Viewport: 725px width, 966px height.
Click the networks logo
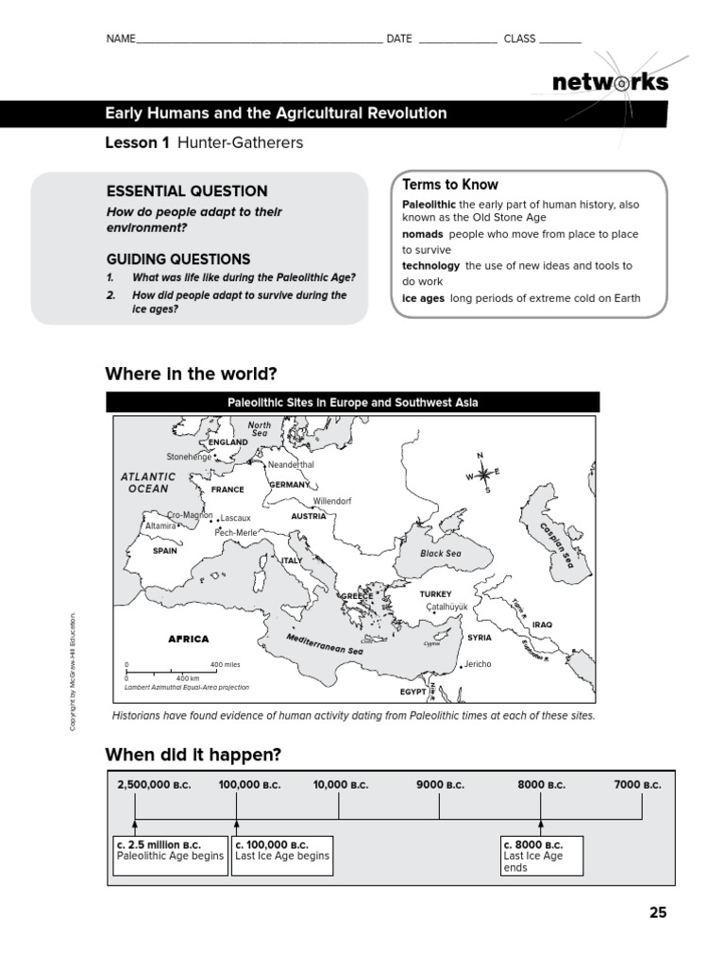pyautogui.click(x=610, y=82)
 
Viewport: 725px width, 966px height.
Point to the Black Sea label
pyautogui.click(x=441, y=554)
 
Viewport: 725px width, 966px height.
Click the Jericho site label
pyautogui.click(x=478, y=664)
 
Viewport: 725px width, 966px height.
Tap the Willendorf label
pyautogui.click(x=331, y=501)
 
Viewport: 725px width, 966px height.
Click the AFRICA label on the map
pyautogui.click(x=188, y=639)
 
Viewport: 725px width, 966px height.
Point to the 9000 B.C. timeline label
pyautogui.click(x=440, y=785)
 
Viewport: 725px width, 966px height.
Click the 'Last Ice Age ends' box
pyautogui.click(x=541, y=856)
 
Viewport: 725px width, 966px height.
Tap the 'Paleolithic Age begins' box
pyautogui.click(x=170, y=849)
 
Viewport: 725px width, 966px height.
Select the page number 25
pyautogui.click(x=657, y=912)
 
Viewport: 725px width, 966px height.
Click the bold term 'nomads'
pyautogui.click(x=423, y=234)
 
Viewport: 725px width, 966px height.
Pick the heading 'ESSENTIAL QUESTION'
pyautogui.click(x=187, y=191)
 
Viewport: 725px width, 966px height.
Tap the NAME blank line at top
pyautogui.click(x=260, y=40)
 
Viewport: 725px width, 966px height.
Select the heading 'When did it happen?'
pyautogui.click(x=194, y=754)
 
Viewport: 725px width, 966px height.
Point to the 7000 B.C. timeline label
pyautogui.click(x=638, y=785)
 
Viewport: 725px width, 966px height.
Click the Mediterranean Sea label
pyautogui.click(x=324, y=644)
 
